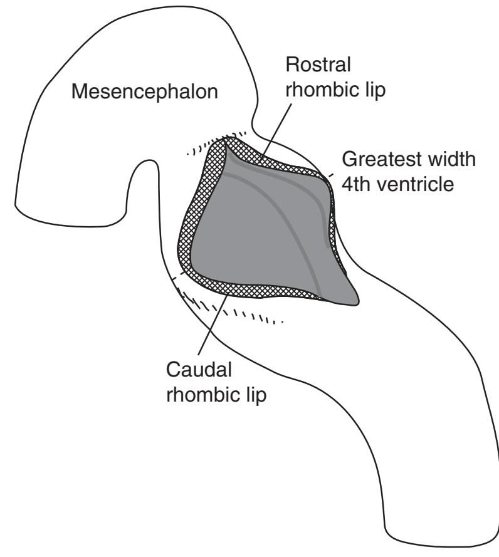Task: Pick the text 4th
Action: (x=358, y=187)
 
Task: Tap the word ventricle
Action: (x=423, y=187)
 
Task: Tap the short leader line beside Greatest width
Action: (x=330, y=175)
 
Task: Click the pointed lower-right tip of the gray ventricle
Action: (x=356, y=301)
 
